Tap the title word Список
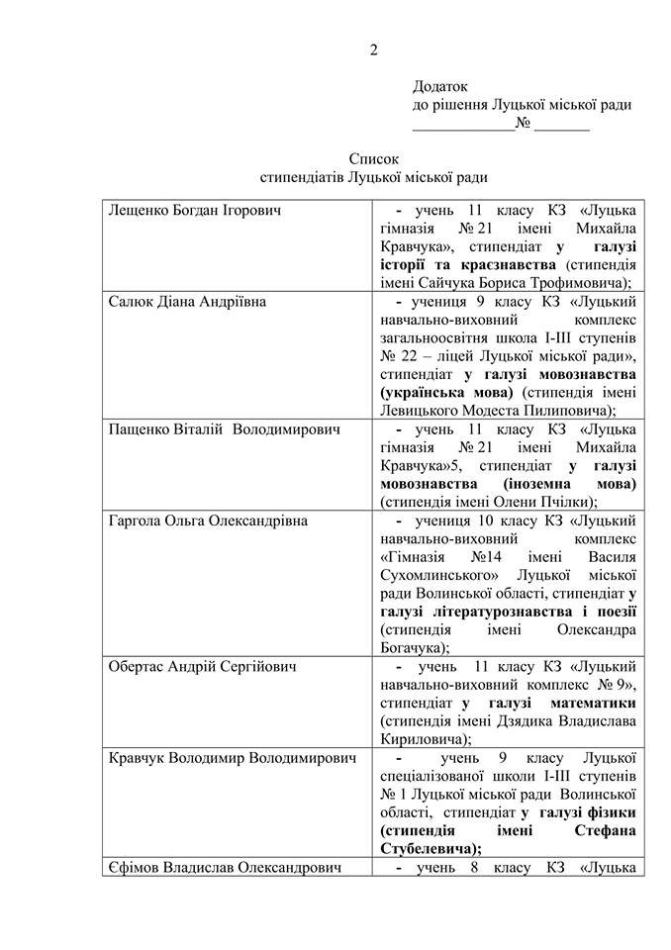pyautogui.click(x=373, y=158)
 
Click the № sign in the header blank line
pyautogui.click(x=524, y=126)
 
